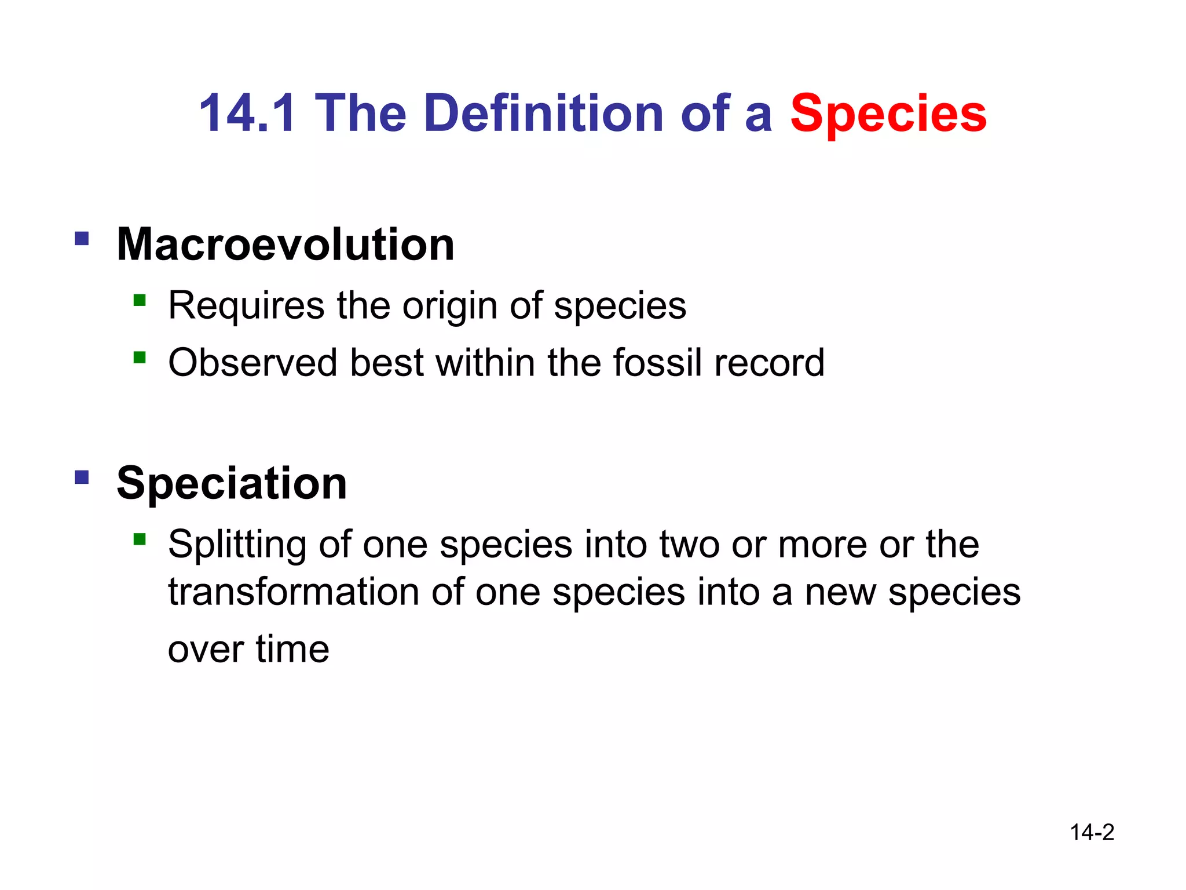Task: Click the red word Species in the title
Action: (888, 114)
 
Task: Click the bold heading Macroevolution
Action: (285, 245)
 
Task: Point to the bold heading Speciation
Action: (232, 483)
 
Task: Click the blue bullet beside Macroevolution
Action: (82, 239)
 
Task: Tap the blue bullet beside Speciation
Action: (82, 477)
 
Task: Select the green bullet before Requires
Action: (139, 300)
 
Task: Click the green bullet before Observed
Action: (139, 357)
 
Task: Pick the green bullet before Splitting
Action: (139, 539)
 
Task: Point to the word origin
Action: (449, 306)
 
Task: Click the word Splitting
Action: (237, 545)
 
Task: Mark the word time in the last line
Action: (292, 649)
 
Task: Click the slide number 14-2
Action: (1092, 833)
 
